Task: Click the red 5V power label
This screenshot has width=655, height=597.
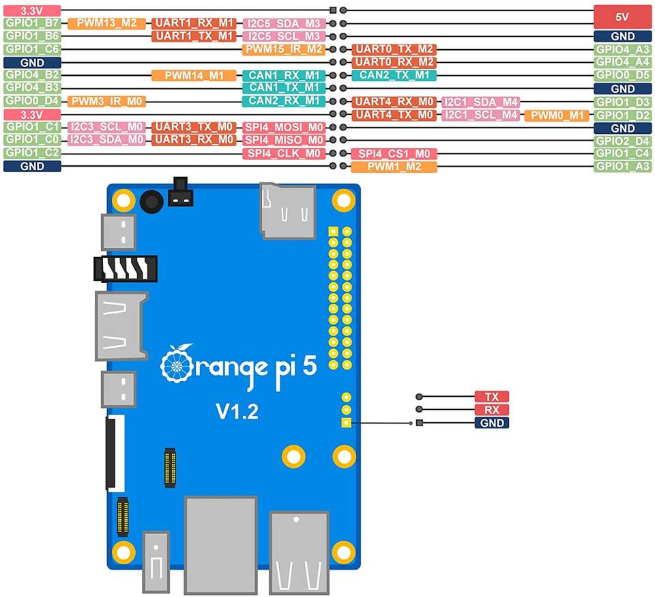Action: point(622,16)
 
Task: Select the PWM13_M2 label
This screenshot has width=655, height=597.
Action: point(106,23)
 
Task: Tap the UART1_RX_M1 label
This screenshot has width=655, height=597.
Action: point(194,23)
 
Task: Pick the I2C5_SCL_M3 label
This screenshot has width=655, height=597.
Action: point(284,36)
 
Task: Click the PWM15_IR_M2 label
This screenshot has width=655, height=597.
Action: point(284,49)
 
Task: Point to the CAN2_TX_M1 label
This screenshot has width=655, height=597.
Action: point(394,75)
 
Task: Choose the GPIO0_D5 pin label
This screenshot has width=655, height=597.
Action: point(623,75)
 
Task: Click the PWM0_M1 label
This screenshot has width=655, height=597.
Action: point(557,115)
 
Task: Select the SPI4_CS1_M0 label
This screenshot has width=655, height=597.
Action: point(394,154)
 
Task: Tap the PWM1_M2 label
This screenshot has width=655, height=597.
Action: point(394,167)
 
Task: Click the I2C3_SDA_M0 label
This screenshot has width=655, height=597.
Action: point(106,139)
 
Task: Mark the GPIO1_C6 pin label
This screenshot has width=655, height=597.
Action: point(32,49)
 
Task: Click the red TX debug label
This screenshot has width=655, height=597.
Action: point(492,396)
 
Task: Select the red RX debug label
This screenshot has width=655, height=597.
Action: point(492,410)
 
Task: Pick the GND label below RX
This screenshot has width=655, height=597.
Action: point(492,423)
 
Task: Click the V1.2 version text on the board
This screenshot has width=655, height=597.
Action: point(237,411)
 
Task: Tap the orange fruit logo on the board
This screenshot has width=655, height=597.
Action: point(176,363)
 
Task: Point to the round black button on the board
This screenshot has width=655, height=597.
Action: point(151,202)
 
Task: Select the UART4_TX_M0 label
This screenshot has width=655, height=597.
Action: point(394,115)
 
